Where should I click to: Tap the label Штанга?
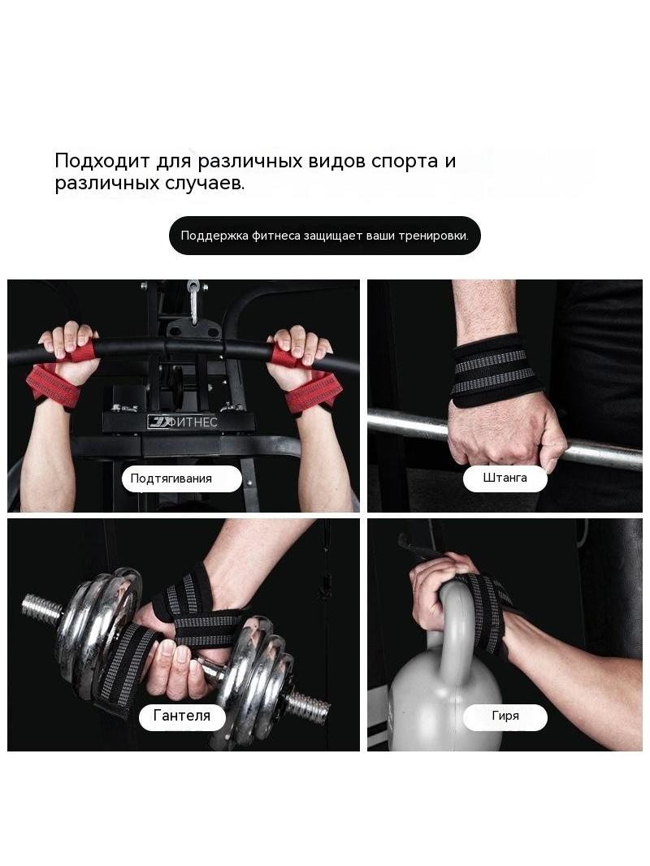pos(505,478)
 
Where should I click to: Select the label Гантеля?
pos(182,716)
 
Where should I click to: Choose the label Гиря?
pos(505,717)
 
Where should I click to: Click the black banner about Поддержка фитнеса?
pos(325,236)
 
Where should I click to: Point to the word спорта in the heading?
pos(405,162)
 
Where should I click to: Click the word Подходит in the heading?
pos(102,162)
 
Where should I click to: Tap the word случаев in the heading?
pos(204,184)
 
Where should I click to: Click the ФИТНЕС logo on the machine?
pos(182,422)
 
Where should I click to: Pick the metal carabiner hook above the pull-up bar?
pos(193,301)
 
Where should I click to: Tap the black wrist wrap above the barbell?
pos(488,370)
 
